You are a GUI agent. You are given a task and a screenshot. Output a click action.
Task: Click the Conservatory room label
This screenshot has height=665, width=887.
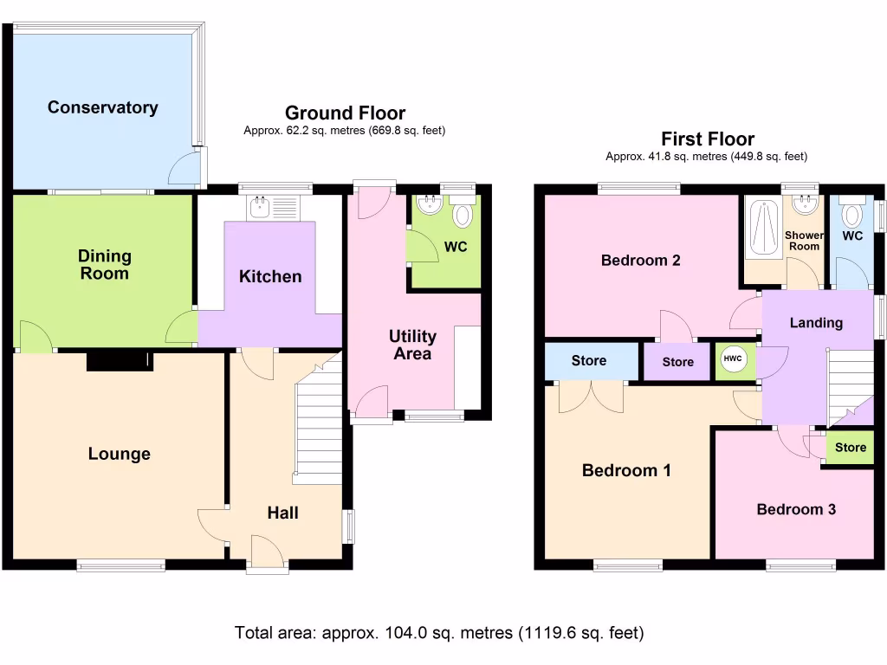point(102,107)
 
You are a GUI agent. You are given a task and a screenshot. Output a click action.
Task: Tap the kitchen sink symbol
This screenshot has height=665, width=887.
point(273,207)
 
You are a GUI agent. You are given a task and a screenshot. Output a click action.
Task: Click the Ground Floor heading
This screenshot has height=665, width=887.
point(345,113)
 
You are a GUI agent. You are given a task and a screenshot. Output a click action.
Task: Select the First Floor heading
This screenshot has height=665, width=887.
point(707,139)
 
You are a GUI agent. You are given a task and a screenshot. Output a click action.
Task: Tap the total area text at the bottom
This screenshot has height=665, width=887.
point(439,633)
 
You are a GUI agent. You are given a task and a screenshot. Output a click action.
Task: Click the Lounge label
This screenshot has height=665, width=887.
point(119,454)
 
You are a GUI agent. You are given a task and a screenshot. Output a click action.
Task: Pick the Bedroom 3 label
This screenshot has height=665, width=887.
point(795,509)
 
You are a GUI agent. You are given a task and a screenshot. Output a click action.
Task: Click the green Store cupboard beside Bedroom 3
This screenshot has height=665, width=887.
point(850,448)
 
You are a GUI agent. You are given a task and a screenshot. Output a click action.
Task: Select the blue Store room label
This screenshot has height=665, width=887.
point(588,360)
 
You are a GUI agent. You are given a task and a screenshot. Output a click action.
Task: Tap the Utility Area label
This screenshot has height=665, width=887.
point(412,345)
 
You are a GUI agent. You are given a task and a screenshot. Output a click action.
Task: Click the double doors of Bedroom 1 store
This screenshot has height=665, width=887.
point(591,397)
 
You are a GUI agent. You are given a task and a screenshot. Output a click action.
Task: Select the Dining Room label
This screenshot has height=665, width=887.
point(104,264)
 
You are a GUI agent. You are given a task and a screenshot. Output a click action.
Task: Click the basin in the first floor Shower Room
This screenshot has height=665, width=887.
point(806,204)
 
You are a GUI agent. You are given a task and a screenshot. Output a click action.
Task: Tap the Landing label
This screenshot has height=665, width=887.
point(815,322)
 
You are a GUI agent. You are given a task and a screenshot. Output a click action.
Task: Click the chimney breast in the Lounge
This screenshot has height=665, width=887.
point(119,359)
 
